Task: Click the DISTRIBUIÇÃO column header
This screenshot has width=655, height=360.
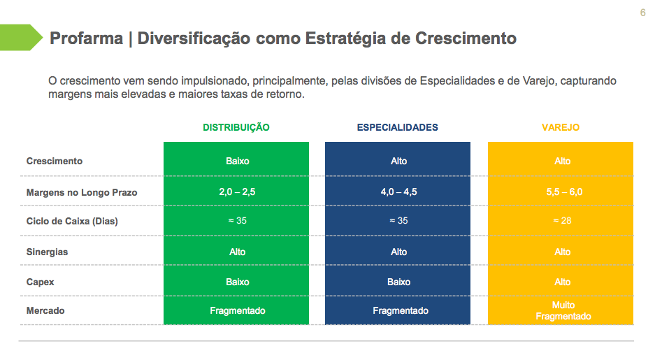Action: [x=236, y=128]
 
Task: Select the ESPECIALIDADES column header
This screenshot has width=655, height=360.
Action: [x=398, y=128]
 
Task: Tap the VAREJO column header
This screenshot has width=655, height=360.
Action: [x=561, y=128]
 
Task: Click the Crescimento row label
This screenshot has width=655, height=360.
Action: [x=55, y=161]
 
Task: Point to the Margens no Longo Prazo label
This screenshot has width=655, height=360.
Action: [x=82, y=192]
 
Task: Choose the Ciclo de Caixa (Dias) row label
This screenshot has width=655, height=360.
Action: [x=73, y=222]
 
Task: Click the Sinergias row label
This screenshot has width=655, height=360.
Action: [x=47, y=252]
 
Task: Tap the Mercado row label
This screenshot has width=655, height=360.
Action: [x=45, y=310]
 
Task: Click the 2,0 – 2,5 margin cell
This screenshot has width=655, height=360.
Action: [x=238, y=192]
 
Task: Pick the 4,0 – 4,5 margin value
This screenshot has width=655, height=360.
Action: [x=398, y=192]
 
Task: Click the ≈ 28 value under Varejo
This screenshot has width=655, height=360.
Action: [x=563, y=222]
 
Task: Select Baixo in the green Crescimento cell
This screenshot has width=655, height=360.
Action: [x=238, y=161]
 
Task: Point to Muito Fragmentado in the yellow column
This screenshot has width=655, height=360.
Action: [x=563, y=311]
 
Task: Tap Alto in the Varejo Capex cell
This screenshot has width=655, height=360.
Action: [x=563, y=282]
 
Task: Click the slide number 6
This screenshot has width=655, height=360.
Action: [x=642, y=13]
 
